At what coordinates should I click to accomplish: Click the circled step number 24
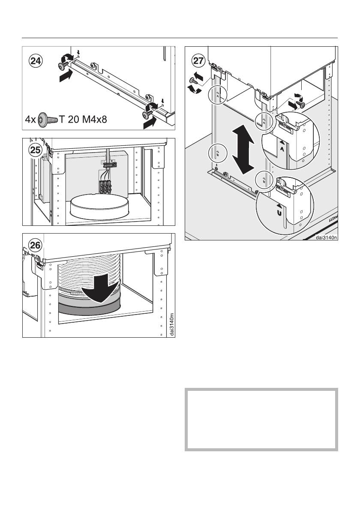coord(36,60)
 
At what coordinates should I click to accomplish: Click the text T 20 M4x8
coord(84,118)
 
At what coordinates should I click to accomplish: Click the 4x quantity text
coord(31,118)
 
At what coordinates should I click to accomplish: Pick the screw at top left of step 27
coord(192,79)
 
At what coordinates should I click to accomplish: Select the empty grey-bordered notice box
coord(261,420)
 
